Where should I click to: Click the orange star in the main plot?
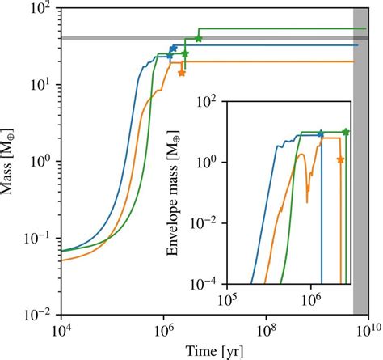tap(182, 73)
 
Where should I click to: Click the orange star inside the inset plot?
tap(340, 159)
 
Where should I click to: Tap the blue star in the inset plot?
tap(321, 133)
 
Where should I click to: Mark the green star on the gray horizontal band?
tap(199, 39)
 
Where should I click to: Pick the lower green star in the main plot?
tap(185, 54)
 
